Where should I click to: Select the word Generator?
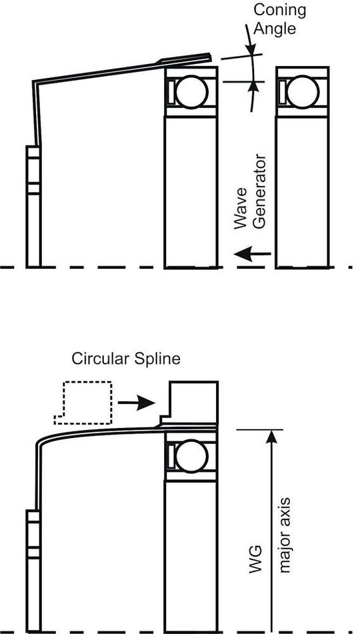tap(259, 193)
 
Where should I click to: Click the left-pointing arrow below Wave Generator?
tap(253, 253)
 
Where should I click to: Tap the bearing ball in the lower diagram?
tap(191, 457)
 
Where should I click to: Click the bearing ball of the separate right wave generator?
tap(303, 92)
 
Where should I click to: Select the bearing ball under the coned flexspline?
tap(191, 92)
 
